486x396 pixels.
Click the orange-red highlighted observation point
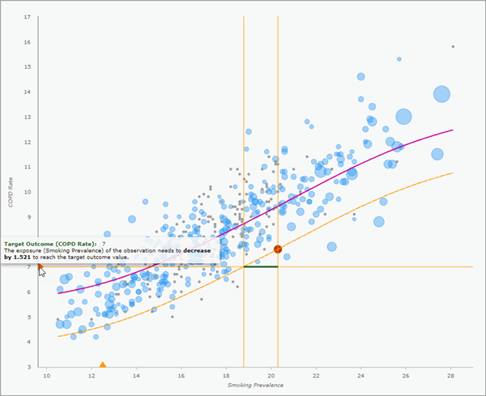click(x=277, y=249)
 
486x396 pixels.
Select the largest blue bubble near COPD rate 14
click(x=441, y=94)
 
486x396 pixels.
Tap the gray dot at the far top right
click(x=453, y=46)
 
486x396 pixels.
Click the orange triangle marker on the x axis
click(x=102, y=365)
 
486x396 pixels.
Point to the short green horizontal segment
click(x=260, y=266)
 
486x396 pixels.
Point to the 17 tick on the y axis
click(x=28, y=17)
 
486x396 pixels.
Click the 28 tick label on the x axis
click(x=451, y=376)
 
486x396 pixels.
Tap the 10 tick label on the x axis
click(x=46, y=376)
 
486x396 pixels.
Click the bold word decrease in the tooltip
click(x=198, y=250)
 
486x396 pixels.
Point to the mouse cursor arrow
click(x=41, y=271)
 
